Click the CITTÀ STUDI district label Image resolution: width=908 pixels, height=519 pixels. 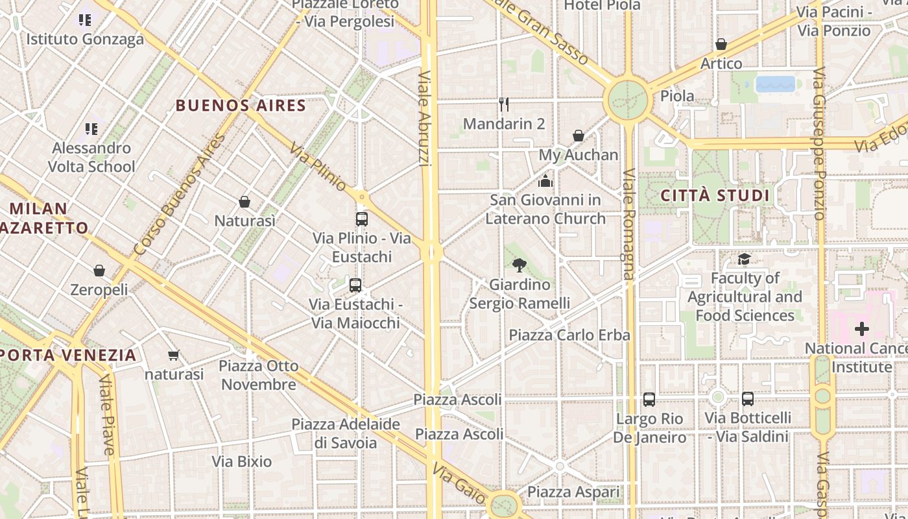[715, 195]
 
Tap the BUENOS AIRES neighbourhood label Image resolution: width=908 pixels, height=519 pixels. [241, 105]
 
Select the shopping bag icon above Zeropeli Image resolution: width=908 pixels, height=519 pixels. [99, 271]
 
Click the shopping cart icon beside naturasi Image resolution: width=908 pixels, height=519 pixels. [173, 355]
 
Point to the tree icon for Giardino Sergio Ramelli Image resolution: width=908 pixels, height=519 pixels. [519, 265]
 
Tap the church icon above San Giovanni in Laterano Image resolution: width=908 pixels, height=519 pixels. [545, 180]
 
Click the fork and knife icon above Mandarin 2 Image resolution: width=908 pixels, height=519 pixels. [504, 104]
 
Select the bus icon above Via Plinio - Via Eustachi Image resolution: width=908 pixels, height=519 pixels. [362, 219]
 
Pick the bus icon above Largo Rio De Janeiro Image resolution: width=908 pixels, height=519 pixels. [649, 400]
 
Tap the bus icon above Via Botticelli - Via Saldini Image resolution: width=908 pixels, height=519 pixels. [748, 399]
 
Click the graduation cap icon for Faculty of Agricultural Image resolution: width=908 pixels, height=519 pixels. [744, 259]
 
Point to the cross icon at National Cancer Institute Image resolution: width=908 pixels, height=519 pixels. [861, 330]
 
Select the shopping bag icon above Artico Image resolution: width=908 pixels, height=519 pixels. [721, 44]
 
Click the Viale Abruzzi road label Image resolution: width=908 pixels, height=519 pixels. [425, 118]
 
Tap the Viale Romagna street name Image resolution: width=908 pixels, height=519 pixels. [628, 224]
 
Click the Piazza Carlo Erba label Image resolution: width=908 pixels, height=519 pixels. [569, 335]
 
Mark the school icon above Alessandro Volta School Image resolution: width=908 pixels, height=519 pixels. [91, 129]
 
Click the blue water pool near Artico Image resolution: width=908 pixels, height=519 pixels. [776, 84]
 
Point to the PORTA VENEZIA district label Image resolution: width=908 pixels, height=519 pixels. [68, 355]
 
